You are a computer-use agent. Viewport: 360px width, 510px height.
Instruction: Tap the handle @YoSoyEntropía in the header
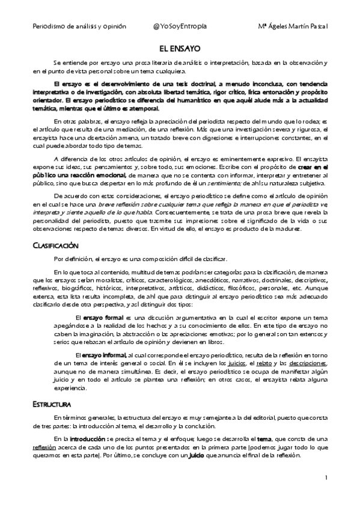pos(180,27)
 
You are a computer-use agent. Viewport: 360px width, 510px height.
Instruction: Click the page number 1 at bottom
pos(325,478)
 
